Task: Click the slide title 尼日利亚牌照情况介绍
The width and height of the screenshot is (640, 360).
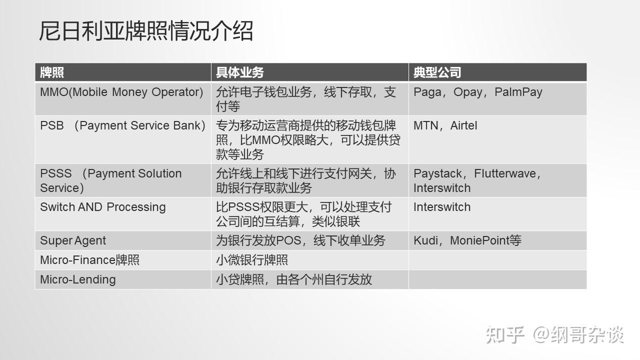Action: pyautogui.click(x=146, y=30)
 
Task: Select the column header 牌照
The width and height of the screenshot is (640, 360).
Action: pyautogui.click(x=51, y=72)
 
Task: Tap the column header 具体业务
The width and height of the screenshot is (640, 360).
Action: pyautogui.click(x=239, y=72)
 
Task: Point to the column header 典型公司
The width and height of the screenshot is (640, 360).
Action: pyautogui.click(x=437, y=72)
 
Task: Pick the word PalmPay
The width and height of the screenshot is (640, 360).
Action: pyautogui.click(x=518, y=92)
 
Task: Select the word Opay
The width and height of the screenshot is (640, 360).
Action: pyautogui.click(x=467, y=92)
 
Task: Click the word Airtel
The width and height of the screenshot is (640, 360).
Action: pyautogui.click(x=463, y=125)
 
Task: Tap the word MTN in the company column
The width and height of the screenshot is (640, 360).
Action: pyautogui.click(x=425, y=125)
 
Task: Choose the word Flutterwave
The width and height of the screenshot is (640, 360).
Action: pyautogui.click(x=505, y=173)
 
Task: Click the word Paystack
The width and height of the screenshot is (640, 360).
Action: pyautogui.click(x=437, y=173)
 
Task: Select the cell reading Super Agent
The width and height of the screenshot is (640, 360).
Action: pyautogui.click(x=73, y=241)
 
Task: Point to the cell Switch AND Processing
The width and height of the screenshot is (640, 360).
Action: pyautogui.click(x=103, y=207)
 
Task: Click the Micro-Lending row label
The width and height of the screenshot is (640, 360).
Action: pyautogui.click(x=77, y=279)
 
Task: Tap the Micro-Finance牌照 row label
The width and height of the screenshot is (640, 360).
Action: pyautogui.click(x=89, y=260)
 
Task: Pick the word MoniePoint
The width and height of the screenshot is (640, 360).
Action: pyautogui.click(x=479, y=240)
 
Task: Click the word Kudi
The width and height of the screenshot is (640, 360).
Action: pyautogui.click(x=425, y=240)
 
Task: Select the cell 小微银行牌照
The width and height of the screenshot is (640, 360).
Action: pyautogui.click(x=251, y=260)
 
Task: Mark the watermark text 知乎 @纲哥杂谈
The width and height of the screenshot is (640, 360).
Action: pyautogui.click(x=554, y=334)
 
